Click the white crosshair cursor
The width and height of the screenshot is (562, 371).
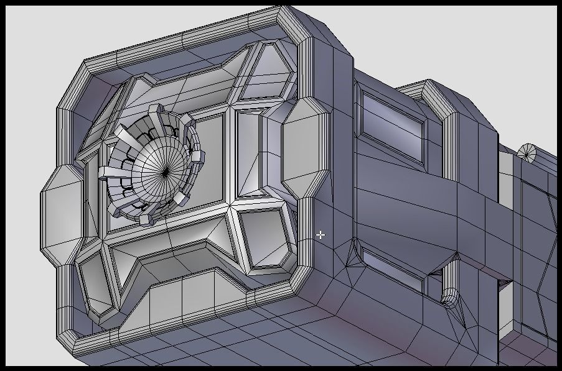pos(320,234)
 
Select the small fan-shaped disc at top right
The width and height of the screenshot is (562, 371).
pos(527,152)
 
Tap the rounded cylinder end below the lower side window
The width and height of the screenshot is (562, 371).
pos(449,297)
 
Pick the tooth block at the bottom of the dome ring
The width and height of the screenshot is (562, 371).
pos(146,219)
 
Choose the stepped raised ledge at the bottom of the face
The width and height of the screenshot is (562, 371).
pos(187,298)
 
